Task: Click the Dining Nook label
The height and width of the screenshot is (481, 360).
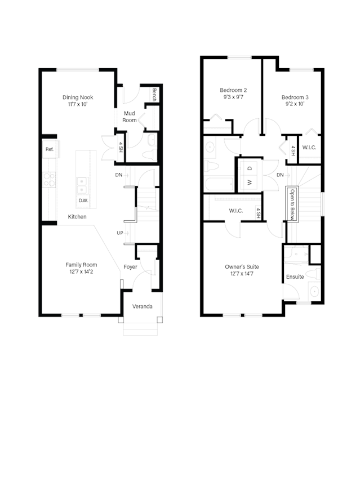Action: coord(78,97)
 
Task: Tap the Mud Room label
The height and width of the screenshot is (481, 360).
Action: coord(130,117)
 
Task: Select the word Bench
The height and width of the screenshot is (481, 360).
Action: coord(154,95)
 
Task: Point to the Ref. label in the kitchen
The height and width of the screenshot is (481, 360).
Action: coord(50,149)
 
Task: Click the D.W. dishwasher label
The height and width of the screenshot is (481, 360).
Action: coord(83,200)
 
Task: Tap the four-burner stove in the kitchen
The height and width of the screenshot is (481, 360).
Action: coord(49,179)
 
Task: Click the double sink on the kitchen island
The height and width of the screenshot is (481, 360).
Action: coord(83,182)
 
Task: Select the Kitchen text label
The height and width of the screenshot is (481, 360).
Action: coord(77,217)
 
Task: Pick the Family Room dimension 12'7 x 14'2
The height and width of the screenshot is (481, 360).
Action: coord(81,273)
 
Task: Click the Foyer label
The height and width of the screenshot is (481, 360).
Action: coord(130,267)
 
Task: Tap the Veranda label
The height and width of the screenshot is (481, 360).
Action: coord(142,307)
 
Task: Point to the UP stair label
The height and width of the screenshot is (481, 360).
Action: coord(119,233)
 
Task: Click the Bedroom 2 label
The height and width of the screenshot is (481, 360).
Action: coord(233,90)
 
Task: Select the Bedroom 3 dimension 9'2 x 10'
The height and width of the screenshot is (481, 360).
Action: coord(295,104)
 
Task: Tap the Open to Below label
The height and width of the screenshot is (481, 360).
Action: coord(292,204)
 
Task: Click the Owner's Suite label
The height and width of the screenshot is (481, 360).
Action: coord(242,266)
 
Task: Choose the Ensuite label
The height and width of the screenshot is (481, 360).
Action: coord(295,277)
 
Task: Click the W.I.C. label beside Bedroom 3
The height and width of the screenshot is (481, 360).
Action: coord(309,148)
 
